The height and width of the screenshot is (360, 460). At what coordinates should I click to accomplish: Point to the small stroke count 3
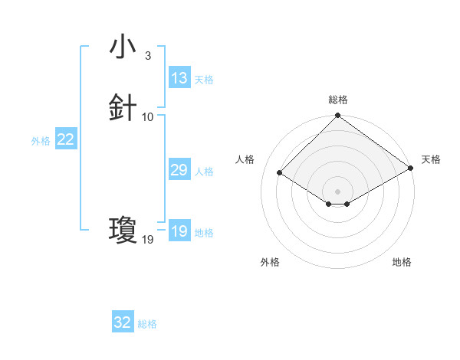tap(147, 56)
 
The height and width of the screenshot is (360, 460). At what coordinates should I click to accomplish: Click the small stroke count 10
tap(148, 117)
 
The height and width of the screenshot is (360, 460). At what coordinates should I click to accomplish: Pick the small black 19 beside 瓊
tap(148, 240)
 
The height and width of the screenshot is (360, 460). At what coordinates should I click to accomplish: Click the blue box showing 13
tap(179, 78)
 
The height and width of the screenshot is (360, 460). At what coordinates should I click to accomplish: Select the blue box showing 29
tap(179, 170)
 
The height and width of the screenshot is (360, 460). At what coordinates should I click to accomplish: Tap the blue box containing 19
tap(179, 231)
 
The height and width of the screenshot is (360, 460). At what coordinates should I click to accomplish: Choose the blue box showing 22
tap(66, 139)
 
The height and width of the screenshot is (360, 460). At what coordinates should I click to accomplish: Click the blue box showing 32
tap(123, 322)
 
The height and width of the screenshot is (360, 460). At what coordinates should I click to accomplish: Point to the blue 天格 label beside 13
tap(204, 80)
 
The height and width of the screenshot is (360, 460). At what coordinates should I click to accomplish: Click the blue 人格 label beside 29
tap(204, 172)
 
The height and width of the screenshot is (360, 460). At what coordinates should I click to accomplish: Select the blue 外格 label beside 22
tap(41, 141)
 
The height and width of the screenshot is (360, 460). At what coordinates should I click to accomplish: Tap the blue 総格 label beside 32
tap(147, 324)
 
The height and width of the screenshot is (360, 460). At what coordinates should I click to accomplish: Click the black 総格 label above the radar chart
tap(337, 100)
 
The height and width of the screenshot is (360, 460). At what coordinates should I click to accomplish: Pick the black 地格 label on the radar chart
tap(402, 262)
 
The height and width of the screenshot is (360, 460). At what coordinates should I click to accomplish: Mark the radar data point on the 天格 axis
tap(410, 169)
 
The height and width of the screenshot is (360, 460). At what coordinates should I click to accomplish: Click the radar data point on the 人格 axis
tap(281, 172)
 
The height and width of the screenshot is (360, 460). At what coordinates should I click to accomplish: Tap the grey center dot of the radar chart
tap(337, 191)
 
